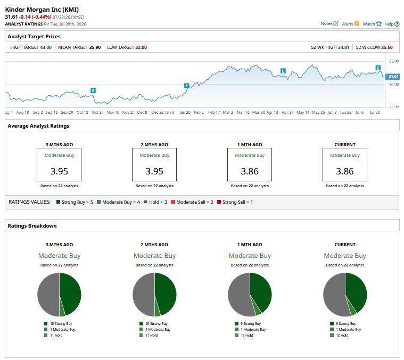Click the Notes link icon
tap(335, 24)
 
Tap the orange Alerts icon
tap(357, 24)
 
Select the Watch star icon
tap(378, 24)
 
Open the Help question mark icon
tap(397, 24)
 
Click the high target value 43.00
tap(46, 47)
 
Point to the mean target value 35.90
tap(95, 47)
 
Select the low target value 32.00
tap(141, 47)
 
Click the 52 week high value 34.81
tap(343, 47)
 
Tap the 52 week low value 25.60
tap(387, 47)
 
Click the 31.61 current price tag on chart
tap(393, 77)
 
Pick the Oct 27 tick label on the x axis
tap(97, 112)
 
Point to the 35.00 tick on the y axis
tap(394, 61)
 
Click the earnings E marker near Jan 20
tap(186, 86)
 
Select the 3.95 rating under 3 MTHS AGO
tap(59, 171)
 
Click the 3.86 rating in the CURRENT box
tap(345, 171)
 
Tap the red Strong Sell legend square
tap(219, 202)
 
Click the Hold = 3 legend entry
tap(155, 202)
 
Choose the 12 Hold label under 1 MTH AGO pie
tap(247, 336)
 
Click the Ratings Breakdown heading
tap(32, 225)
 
